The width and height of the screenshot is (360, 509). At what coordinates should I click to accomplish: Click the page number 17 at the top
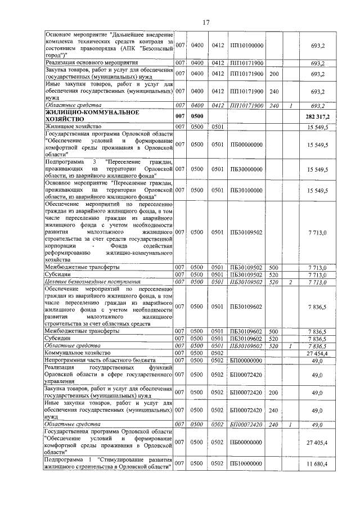click(206, 22)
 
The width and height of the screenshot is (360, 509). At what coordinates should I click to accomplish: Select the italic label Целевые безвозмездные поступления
click(92, 281)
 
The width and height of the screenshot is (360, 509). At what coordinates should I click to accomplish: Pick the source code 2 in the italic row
click(290, 281)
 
